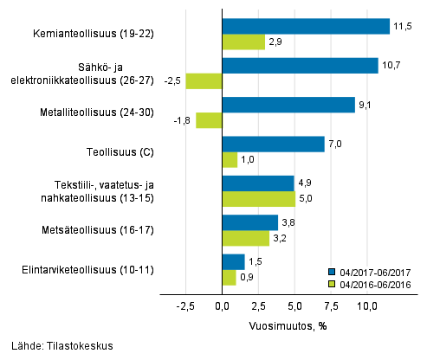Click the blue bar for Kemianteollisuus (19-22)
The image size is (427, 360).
point(306,26)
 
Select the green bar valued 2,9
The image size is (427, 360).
point(243,42)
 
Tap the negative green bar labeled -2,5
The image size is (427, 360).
point(204,81)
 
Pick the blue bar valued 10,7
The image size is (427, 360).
point(300,66)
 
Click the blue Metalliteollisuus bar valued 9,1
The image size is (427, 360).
point(288,105)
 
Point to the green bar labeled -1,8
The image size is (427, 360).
point(210,120)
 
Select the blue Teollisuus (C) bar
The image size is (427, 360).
point(273,144)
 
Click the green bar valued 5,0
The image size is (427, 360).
point(259,199)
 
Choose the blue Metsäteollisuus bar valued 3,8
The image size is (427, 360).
point(250,222)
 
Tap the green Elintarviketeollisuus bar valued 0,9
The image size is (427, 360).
point(229,277)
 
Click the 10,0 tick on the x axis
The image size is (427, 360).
point(367,305)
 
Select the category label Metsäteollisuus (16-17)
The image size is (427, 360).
point(101,230)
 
